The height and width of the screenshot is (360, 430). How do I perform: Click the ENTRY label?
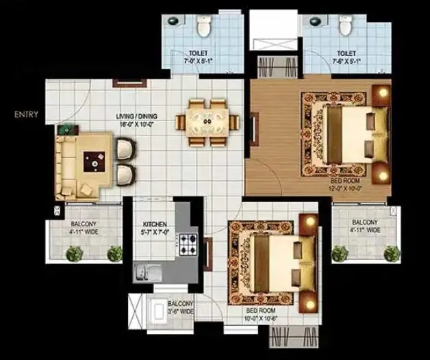point(26,114)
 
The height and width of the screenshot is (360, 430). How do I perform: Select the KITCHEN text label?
point(155,224)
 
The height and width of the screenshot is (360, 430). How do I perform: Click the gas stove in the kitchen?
point(188,242)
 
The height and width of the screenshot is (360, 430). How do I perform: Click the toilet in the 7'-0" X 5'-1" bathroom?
point(203,27)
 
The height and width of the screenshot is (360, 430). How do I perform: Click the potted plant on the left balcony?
point(73,254)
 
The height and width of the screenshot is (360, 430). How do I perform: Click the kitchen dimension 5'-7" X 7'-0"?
point(155,233)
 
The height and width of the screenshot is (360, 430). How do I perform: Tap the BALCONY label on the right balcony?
point(364,222)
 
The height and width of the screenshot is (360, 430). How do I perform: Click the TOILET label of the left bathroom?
point(199,52)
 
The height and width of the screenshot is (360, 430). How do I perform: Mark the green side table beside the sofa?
point(66,129)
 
